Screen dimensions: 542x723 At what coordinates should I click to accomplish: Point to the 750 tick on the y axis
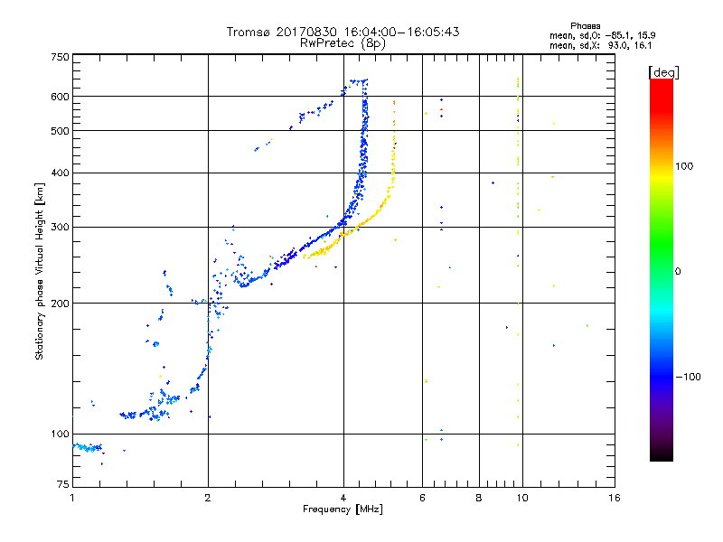[x=61, y=57]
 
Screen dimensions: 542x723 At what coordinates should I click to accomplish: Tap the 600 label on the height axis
[x=61, y=97]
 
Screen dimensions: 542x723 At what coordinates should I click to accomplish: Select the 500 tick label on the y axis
[x=61, y=131]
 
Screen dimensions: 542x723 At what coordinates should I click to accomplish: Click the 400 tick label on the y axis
[x=61, y=173]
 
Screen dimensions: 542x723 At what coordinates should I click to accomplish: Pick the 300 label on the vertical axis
[x=61, y=228]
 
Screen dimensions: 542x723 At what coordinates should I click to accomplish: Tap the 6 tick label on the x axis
[x=422, y=498]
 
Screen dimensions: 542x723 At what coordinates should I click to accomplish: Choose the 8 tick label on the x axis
[x=479, y=498]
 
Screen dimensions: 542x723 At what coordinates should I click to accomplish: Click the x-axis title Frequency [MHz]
[x=343, y=510]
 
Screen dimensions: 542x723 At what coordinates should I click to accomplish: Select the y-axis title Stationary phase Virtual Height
[x=40, y=271]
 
